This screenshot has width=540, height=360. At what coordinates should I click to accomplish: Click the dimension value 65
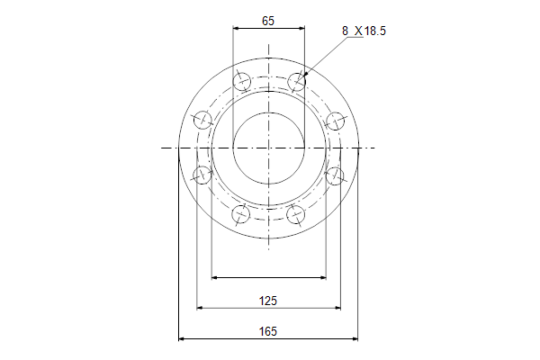tap(268, 21)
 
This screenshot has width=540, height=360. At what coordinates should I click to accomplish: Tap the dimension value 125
tap(268, 301)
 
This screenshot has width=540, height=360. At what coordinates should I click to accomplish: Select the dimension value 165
tap(268, 331)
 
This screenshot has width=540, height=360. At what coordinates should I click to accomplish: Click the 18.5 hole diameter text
tap(375, 31)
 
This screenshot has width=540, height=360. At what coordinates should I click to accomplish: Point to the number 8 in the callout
tap(345, 31)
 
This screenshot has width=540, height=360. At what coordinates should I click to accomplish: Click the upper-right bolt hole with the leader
tap(296, 81)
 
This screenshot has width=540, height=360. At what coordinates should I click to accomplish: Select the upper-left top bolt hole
tap(242, 81)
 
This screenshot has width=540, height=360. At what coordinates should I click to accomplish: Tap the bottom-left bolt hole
tap(240, 214)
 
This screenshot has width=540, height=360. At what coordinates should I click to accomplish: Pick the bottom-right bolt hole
tap(296, 214)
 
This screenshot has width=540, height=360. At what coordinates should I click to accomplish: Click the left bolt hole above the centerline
tap(202, 121)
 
